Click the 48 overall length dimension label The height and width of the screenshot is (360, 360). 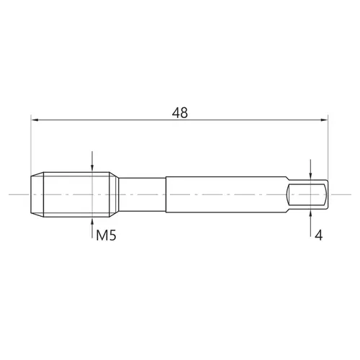click(180, 112)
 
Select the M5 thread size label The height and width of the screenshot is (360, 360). click(106, 235)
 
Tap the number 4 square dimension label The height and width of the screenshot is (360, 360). click(318, 235)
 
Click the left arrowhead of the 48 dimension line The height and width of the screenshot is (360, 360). click(35, 120)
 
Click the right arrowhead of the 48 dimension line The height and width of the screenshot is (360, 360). click(324, 120)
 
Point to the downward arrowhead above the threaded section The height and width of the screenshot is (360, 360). click(92, 168)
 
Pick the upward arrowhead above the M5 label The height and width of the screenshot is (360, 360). click(92, 221)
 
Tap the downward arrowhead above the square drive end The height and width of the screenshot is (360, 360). click(310, 176)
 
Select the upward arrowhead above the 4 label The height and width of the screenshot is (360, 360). click(310, 214)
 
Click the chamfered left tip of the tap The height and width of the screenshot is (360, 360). click(37, 194)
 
